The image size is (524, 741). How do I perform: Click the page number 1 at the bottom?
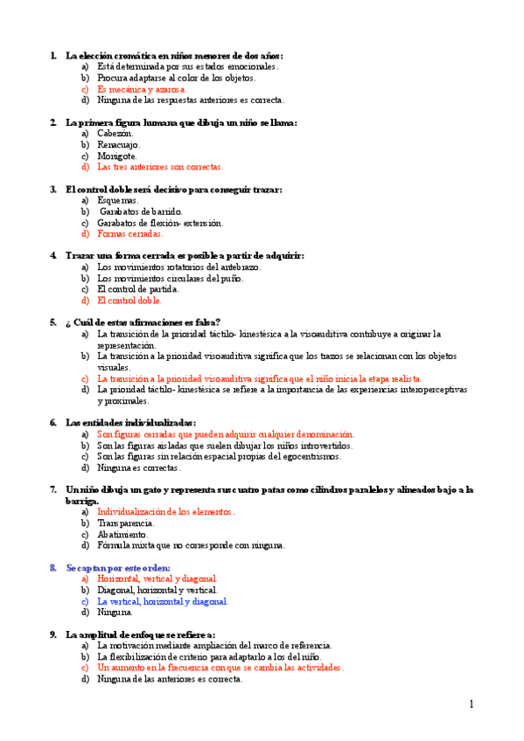pyautogui.click(x=471, y=704)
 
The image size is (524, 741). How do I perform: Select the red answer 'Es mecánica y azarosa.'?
pyautogui.click(x=142, y=88)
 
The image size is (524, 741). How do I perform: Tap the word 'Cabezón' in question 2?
pyautogui.click(x=114, y=133)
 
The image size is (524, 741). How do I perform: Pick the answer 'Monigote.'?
pyautogui.click(x=117, y=156)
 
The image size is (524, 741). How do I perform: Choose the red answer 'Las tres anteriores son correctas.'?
pyautogui.click(x=160, y=166)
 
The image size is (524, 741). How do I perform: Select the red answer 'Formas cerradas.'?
pyautogui.click(x=130, y=233)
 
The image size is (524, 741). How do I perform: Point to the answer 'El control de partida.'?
pyautogui.click(x=138, y=289)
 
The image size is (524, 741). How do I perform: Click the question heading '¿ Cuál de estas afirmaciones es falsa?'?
pyautogui.click(x=143, y=322)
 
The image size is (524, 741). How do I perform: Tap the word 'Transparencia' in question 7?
pyautogui.click(x=125, y=523)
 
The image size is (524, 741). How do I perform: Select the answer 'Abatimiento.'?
pyautogui.click(x=122, y=534)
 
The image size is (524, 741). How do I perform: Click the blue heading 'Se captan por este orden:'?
pyautogui.click(x=118, y=568)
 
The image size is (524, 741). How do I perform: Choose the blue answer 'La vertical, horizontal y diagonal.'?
pyautogui.click(x=163, y=601)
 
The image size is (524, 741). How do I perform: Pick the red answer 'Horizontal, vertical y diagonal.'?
pyautogui.click(x=157, y=578)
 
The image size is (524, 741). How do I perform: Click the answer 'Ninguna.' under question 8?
pyautogui.click(x=115, y=613)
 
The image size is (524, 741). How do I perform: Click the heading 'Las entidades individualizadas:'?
pyautogui.click(x=130, y=422)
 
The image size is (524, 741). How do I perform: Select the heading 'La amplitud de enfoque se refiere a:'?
pyautogui.click(x=140, y=634)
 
